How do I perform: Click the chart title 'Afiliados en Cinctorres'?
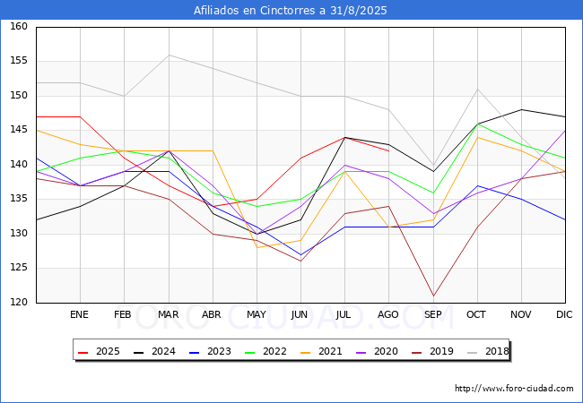pyautogui.click(x=291, y=10)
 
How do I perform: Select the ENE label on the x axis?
pyautogui.click(x=80, y=314)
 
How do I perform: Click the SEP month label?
pyautogui.click(x=432, y=314)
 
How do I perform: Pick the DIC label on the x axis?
pyautogui.click(x=564, y=314)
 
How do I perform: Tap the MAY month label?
pyautogui.click(x=257, y=314)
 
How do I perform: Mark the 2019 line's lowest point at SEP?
pyautogui.click(x=432, y=296)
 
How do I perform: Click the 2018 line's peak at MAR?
pyautogui.click(x=169, y=55)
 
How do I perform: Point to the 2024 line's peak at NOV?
pyautogui.click(x=520, y=109)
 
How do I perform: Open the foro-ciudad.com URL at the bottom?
pyautogui.click(x=514, y=389)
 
